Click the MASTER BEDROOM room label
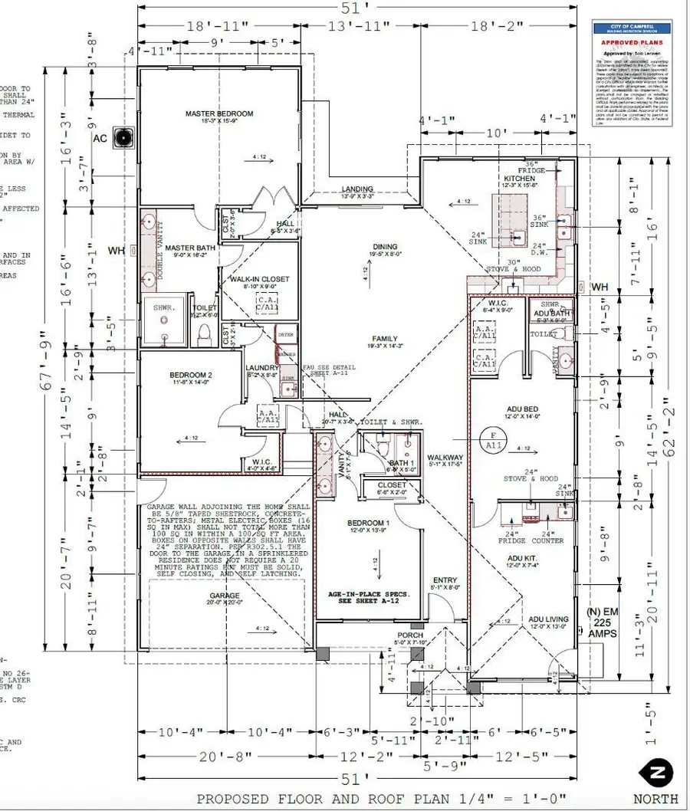(x=219, y=114)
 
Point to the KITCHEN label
(x=519, y=178)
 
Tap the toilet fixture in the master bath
(x=204, y=333)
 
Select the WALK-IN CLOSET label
(x=259, y=279)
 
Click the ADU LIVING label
(x=547, y=619)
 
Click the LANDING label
(x=357, y=189)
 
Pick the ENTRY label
(x=445, y=580)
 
